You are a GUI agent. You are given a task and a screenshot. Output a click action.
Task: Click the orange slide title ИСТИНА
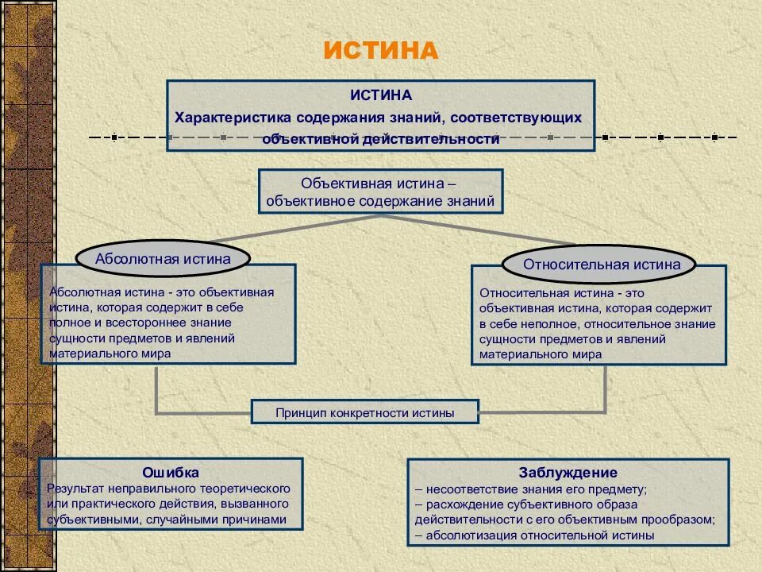click(x=380, y=51)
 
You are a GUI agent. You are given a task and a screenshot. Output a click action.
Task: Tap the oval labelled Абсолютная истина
click(x=163, y=258)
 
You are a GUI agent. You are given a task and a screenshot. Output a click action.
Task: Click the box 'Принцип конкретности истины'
click(x=365, y=412)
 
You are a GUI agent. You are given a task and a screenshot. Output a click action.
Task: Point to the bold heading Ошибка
click(x=171, y=473)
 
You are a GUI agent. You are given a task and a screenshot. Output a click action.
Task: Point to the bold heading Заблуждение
click(x=568, y=473)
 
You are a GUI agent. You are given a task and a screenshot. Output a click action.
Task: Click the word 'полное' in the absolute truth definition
click(x=68, y=323)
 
